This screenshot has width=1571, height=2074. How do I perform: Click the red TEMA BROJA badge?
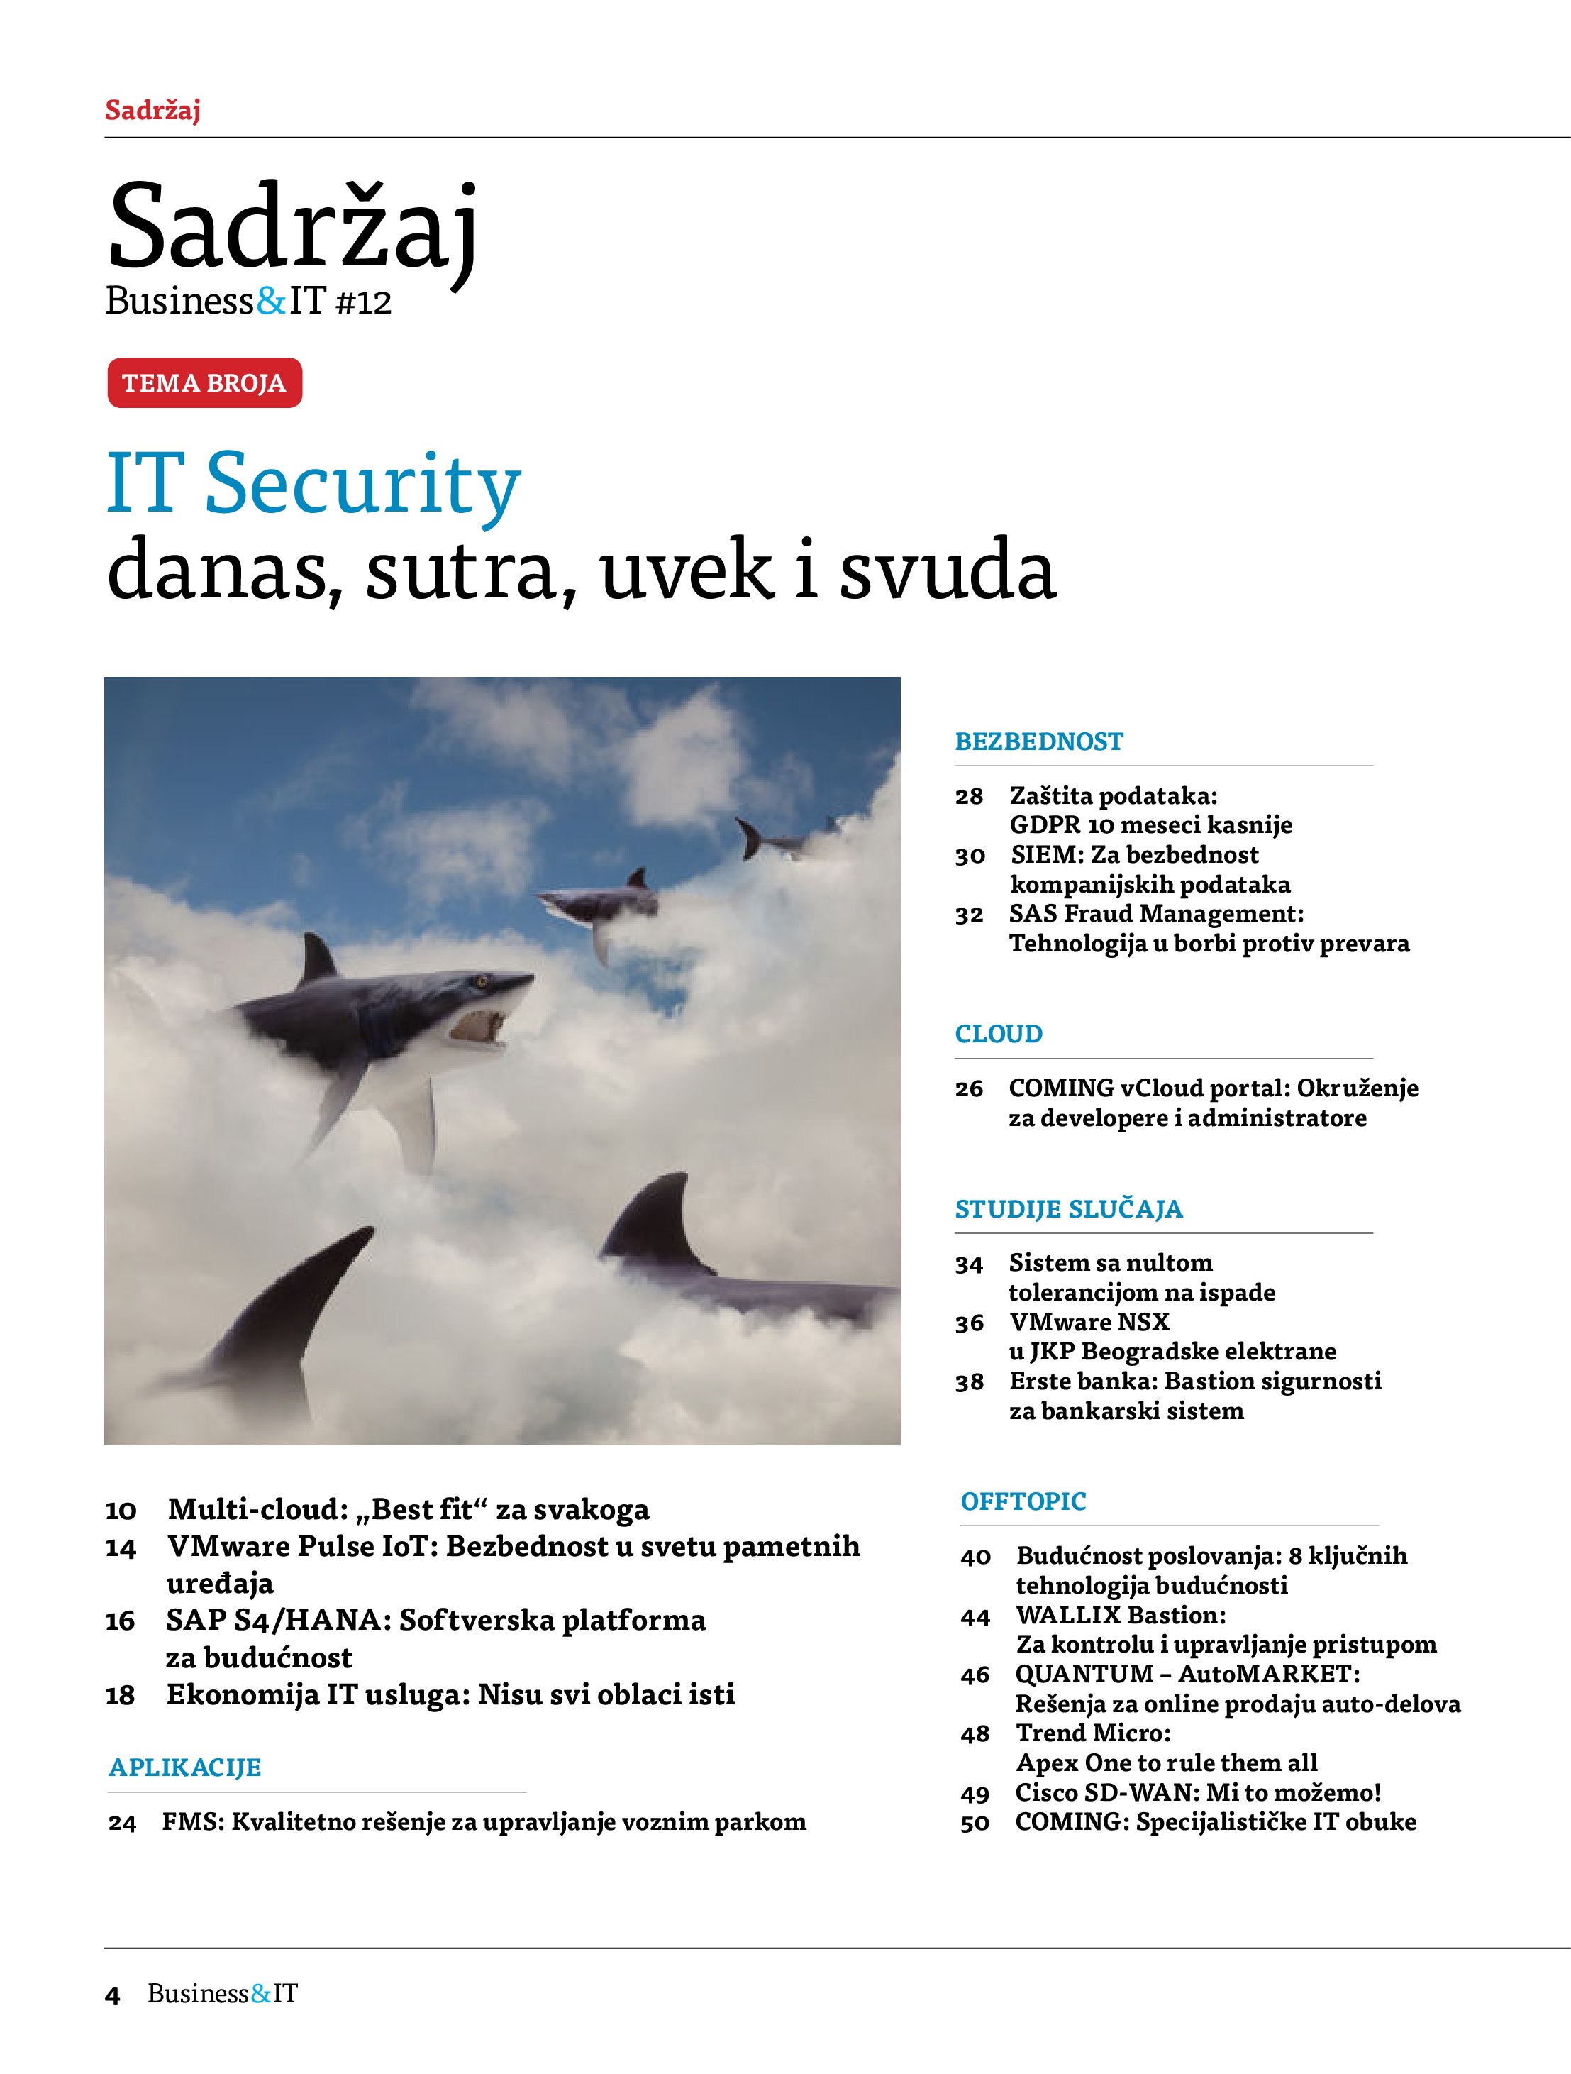pyautogui.click(x=204, y=382)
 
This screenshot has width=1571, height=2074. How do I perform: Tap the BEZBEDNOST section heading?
pyautogui.click(x=1038, y=741)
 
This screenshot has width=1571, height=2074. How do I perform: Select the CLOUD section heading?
pyautogui.click(x=999, y=1035)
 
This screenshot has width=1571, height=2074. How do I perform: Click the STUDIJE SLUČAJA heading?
pyautogui.click(x=1069, y=1210)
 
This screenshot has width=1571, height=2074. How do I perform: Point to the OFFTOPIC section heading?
pyautogui.click(x=1023, y=1501)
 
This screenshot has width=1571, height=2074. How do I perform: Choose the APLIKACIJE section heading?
pyautogui.click(x=184, y=1767)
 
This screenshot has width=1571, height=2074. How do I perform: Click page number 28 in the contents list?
pyautogui.click(x=970, y=797)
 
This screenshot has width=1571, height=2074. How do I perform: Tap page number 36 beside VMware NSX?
pyautogui.click(x=970, y=1323)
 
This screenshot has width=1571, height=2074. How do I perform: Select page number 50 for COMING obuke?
pyautogui.click(x=975, y=1823)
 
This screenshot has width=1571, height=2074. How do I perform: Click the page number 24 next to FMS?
pyautogui.click(x=122, y=1823)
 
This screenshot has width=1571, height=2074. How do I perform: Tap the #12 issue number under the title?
pyautogui.click(x=362, y=303)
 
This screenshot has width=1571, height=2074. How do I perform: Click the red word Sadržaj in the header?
pyautogui.click(x=152, y=111)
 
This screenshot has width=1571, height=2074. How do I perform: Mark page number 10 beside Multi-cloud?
pyautogui.click(x=121, y=1511)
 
